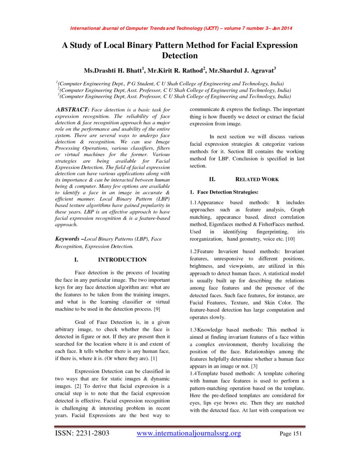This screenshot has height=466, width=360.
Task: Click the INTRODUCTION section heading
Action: (122, 260)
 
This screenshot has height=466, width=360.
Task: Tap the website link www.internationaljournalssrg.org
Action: (189, 433)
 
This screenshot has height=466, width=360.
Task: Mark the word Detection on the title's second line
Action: (180, 55)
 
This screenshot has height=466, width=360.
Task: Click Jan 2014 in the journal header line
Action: (282, 28)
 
